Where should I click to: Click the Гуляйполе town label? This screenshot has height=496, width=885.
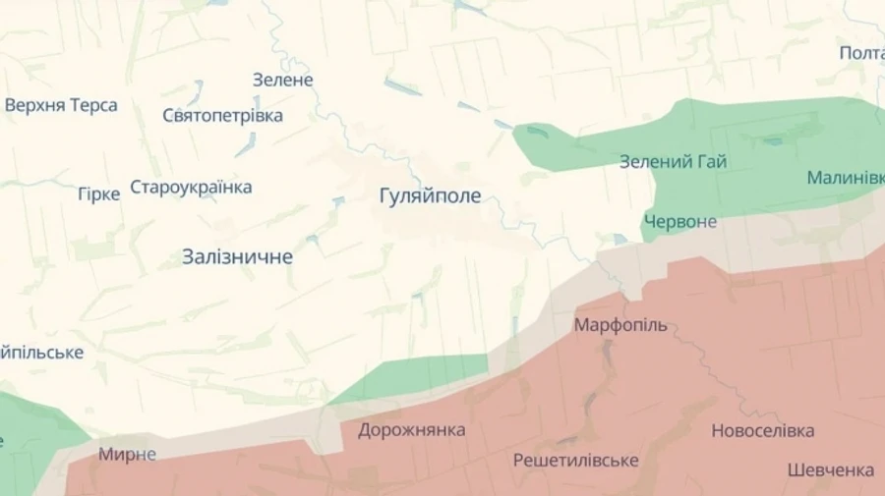(x=430, y=196)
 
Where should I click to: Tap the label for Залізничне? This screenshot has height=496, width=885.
(x=237, y=257)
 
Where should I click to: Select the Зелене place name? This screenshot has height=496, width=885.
(x=282, y=81)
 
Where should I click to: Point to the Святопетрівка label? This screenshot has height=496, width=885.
(x=222, y=116)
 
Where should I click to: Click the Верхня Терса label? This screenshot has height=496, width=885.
(x=61, y=106)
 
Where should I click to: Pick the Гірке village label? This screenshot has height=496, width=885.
(x=98, y=194)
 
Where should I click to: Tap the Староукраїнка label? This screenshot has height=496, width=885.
(x=191, y=188)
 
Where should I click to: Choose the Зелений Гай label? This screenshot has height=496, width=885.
(x=673, y=162)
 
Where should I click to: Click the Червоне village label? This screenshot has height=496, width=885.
(x=680, y=222)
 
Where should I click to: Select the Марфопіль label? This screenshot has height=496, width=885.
(x=619, y=325)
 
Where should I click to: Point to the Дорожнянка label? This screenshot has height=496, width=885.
(x=411, y=430)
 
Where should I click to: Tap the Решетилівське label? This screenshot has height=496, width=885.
(x=575, y=461)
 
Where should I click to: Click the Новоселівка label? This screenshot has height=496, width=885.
(x=762, y=431)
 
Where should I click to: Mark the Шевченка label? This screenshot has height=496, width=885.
(x=830, y=470)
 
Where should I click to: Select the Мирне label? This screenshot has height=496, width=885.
(x=127, y=454)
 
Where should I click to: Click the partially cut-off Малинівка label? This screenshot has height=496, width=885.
(x=845, y=178)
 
